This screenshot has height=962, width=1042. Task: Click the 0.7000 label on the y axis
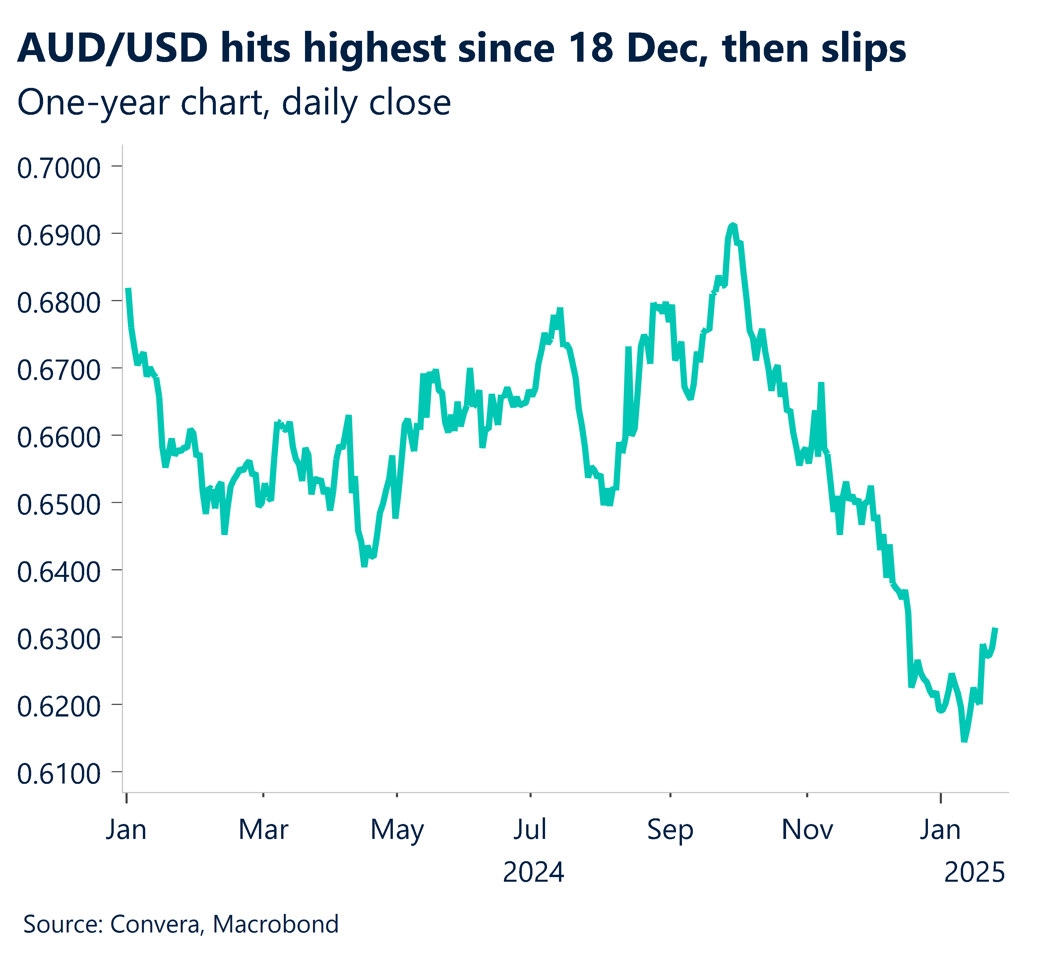tap(58, 169)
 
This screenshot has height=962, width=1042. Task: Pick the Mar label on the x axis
tap(263, 830)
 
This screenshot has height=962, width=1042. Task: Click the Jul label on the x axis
tap(530, 830)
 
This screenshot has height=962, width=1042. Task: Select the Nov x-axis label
tap(807, 830)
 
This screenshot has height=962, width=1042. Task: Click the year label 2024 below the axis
tap(533, 872)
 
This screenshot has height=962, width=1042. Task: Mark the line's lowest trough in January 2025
tap(964, 740)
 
